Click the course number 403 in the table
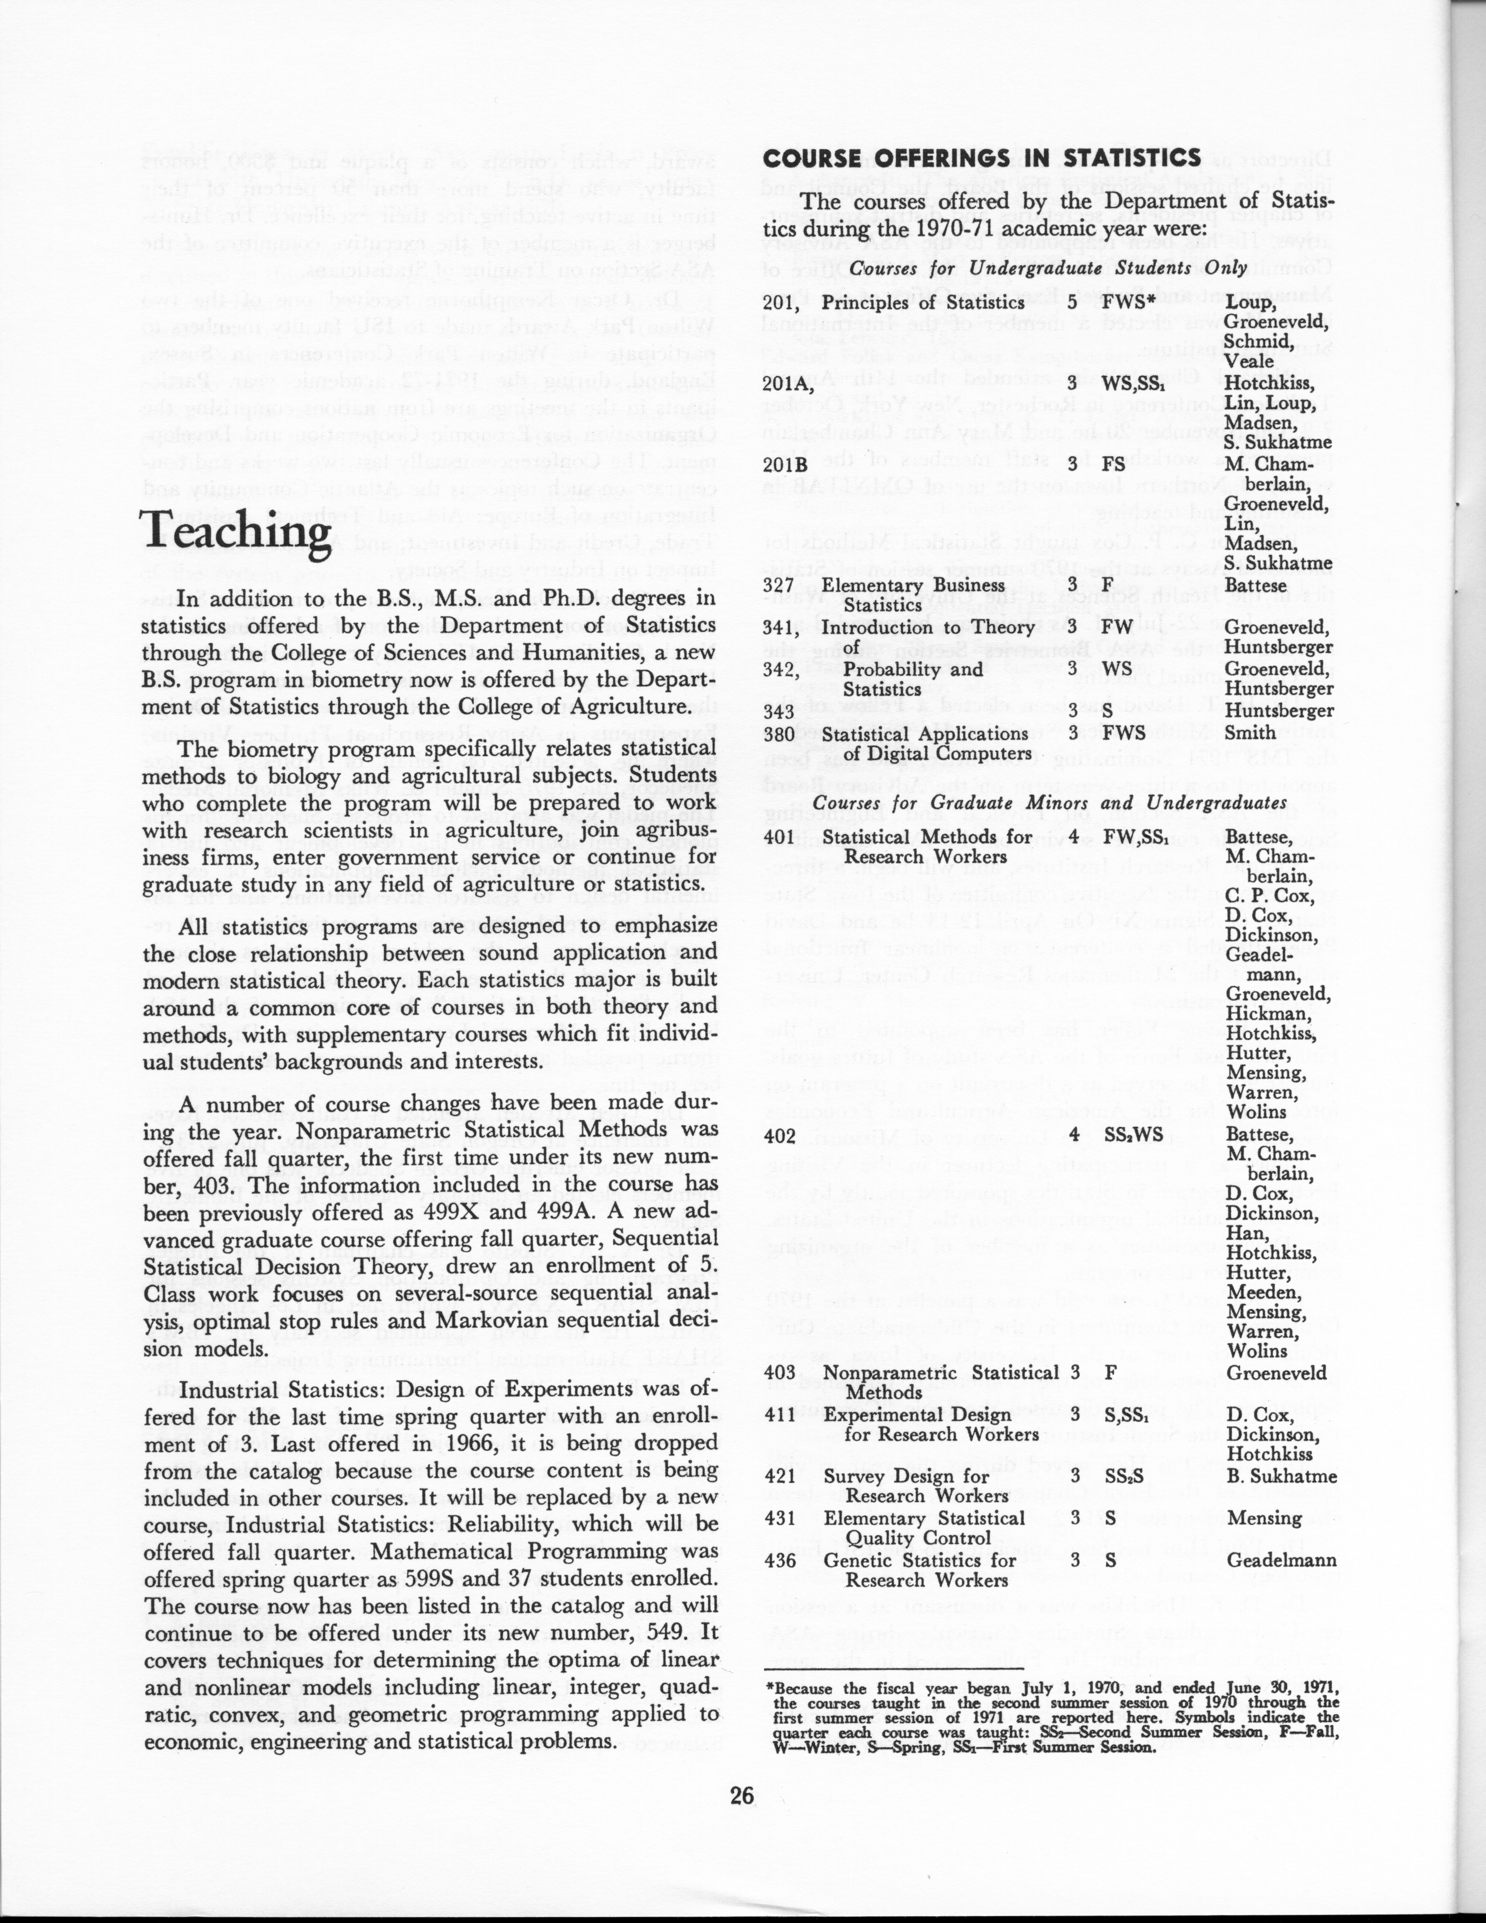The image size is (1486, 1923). click(x=780, y=1373)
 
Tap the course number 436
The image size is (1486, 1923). click(x=780, y=1560)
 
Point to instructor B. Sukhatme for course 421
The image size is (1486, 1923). click(x=1281, y=1476)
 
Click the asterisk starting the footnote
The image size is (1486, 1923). click(x=769, y=1688)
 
